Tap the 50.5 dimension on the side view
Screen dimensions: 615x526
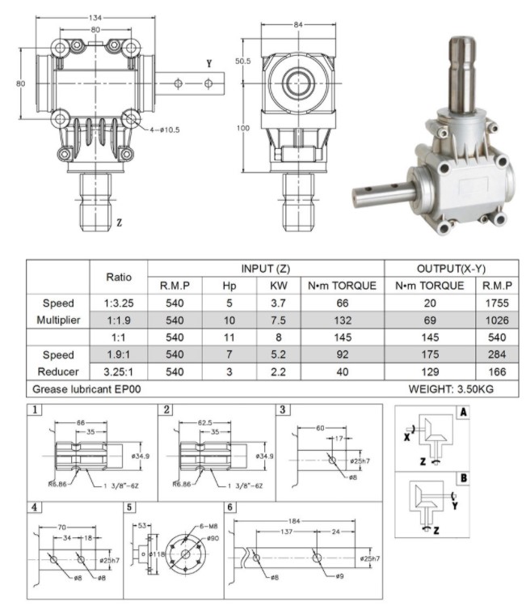pos(243,60)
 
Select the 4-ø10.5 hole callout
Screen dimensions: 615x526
pos(166,129)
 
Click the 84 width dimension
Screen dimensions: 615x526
pos(297,24)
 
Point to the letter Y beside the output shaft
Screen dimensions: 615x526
pos(209,62)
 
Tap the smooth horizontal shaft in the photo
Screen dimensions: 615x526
pos(384,192)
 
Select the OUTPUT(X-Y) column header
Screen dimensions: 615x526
pos(451,268)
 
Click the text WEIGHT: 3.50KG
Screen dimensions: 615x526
pos(450,390)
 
